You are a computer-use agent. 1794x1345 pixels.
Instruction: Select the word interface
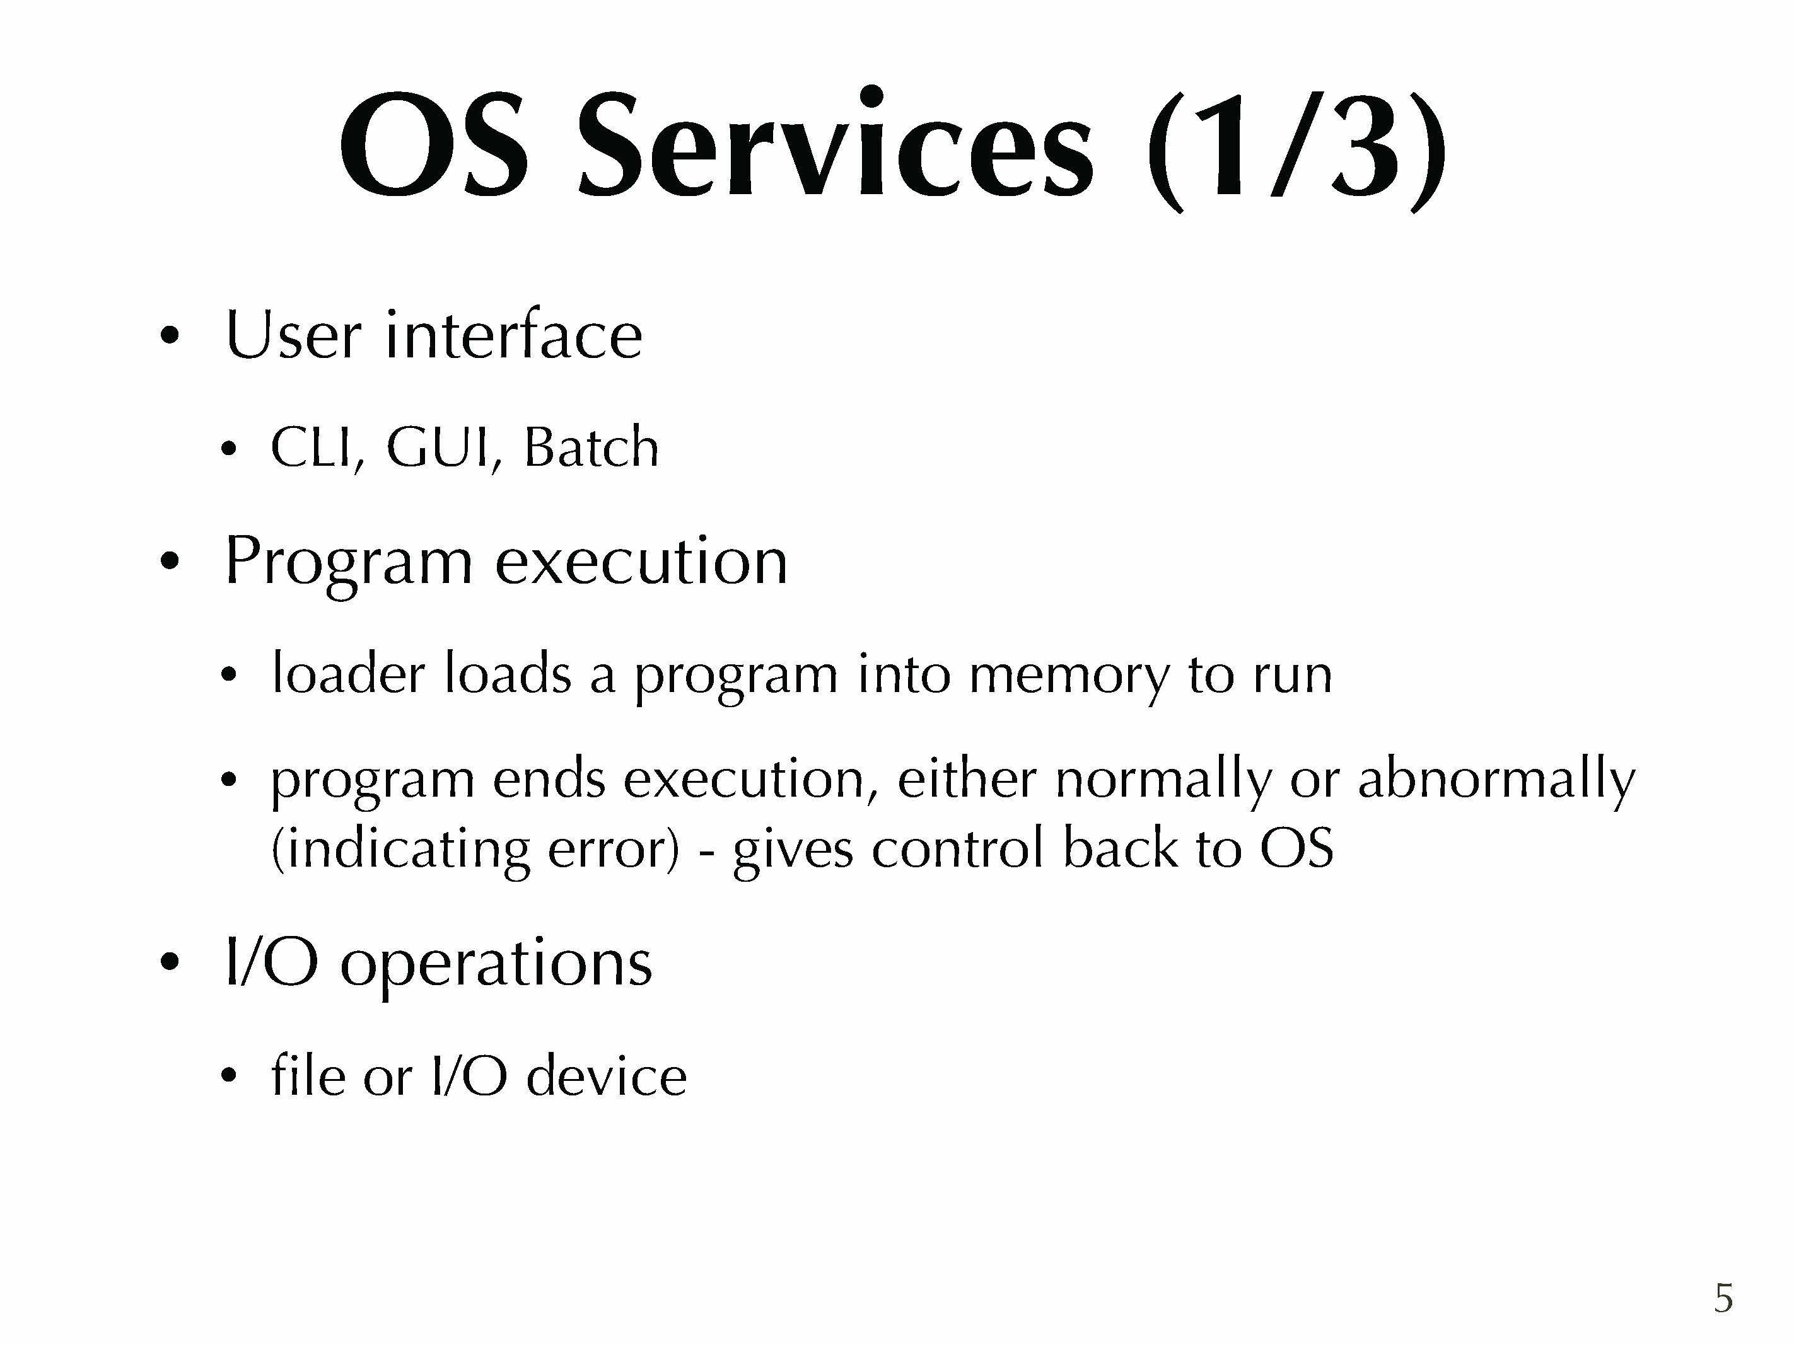tap(514, 333)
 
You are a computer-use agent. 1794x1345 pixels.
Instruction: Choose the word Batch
tap(591, 447)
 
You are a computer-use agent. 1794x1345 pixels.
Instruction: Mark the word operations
tap(496, 965)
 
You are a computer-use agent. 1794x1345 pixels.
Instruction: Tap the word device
tap(607, 1076)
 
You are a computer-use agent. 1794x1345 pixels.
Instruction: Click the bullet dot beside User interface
tap(169, 335)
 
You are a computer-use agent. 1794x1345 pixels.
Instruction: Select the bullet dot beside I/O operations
tap(169, 962)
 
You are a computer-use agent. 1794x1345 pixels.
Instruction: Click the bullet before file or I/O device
tap(229, 1077)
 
